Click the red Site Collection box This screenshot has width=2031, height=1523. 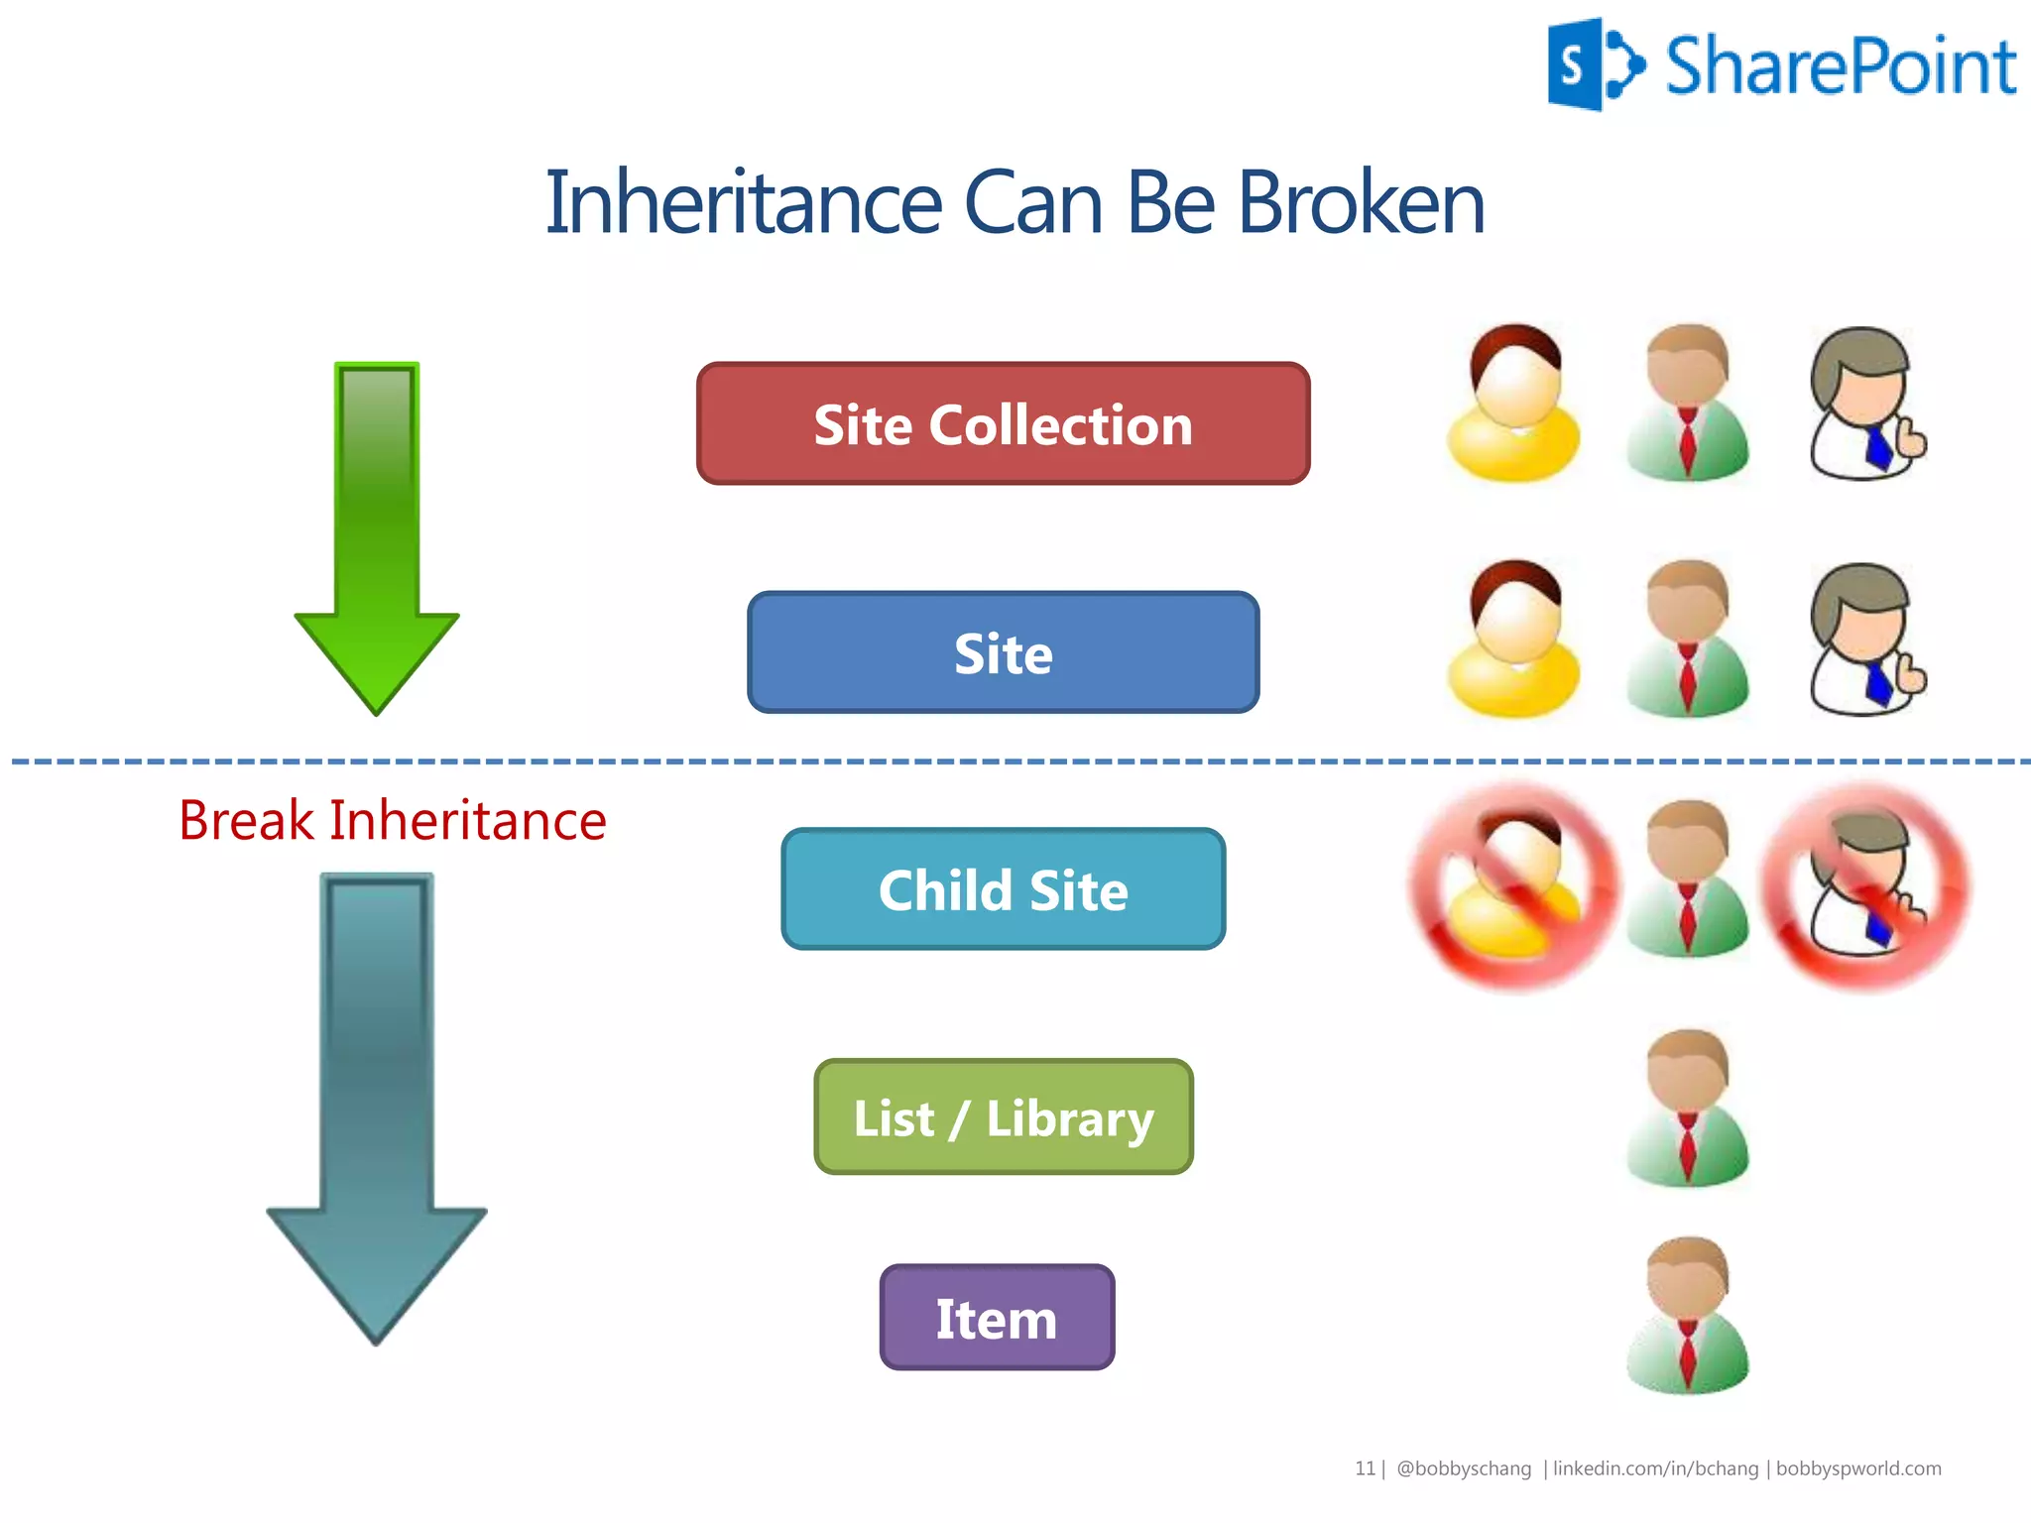click(1003, 424)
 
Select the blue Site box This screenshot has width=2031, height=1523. click(1003, 653)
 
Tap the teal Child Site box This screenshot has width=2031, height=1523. click(1003, 889)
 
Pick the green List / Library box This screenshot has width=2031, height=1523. click(1003, 1117)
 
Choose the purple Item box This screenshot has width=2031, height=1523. click(997, 1318)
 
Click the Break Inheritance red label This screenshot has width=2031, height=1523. click(393, 821)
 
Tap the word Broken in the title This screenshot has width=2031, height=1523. click(1361, 203)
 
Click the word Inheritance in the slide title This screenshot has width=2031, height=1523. click(743, 203)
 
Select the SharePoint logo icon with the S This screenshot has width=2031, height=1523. click(1594, 65)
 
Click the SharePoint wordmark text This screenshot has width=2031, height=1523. click(1840, 67)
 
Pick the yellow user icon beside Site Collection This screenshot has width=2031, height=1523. click(1513, 404)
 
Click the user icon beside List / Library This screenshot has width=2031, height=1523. click(1688, 1109)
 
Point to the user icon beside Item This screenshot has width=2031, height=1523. click(1688, 1315)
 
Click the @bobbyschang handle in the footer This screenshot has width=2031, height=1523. click(1463, 1468)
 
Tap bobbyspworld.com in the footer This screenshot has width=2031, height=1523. click(1857, 1468)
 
